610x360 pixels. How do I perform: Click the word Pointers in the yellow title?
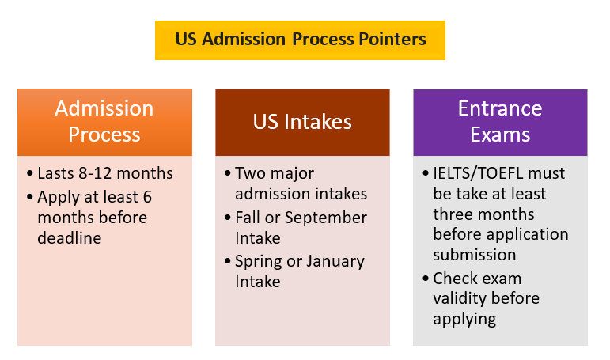click(x=392, y=40)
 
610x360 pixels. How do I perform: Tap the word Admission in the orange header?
click(x=104, y=108)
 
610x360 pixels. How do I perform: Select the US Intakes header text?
click(x=302, y=122)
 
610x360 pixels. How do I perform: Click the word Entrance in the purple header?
click(x=500, y=108)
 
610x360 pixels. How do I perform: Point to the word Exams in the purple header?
click(x=500, y=135)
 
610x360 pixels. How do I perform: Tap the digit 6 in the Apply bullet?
click(x=147, y=197)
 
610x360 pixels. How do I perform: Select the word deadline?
click(x=70, y=238)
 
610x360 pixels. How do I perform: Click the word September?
click(x=326, y=218)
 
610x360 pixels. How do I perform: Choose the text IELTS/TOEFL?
click(x=478, y=173)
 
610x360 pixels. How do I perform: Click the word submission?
click(x=475, y=255)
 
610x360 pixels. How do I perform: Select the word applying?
click(x=464, y=319)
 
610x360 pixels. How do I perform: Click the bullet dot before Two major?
click(x=228, y=173)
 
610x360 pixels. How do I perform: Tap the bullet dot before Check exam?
click(x=426, y=279)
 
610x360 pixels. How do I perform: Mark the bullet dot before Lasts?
click(x=30, y=173)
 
